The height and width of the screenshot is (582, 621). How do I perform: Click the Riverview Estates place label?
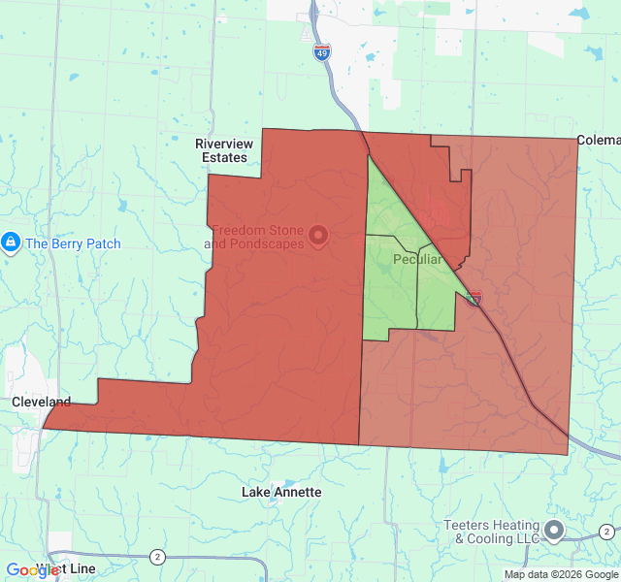pyautogui.click(x=224, y=150)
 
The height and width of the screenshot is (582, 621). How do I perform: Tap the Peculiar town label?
pyautogui.click(x=418, y=260)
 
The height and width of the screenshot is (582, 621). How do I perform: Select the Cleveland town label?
pyautogui.click(x=41, y=402)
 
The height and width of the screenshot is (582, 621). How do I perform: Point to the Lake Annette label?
pyautogui.click(x=281, y=493)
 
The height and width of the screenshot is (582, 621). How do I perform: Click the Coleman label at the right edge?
pyautogui.click(x=598, y=140)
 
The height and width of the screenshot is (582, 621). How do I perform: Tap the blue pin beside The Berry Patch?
pyautogui.click(x=11, y=242)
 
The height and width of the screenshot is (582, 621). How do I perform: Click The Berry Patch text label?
pyautogui.click(x=73, y=243)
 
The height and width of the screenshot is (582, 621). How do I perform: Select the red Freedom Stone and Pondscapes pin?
pyautogui.click(x=317, y=235)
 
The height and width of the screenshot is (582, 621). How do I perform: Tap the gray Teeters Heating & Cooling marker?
pyautogui.click(x=554, y=531)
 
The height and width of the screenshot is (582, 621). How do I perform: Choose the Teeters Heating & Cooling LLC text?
pyautogui.click(x=492, y=532)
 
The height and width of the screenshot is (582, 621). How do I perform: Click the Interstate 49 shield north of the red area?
pyautogui.click(x=322, y=52)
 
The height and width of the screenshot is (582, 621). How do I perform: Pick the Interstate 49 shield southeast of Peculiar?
pyautogui.click(x=475, y=299)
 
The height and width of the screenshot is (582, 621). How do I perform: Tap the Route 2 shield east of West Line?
pyautogui.click(x=157, y=556)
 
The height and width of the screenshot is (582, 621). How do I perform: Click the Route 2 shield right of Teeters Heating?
pyautogui.click(x=605, y=531)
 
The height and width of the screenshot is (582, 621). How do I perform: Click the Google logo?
pyautogui.click(x=32, y=570)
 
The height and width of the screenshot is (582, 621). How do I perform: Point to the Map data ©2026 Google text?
pyautogui.click(x=560, y=574)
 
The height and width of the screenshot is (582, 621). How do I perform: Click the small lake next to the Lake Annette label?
pyautogui.click(x=278, y=481)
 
